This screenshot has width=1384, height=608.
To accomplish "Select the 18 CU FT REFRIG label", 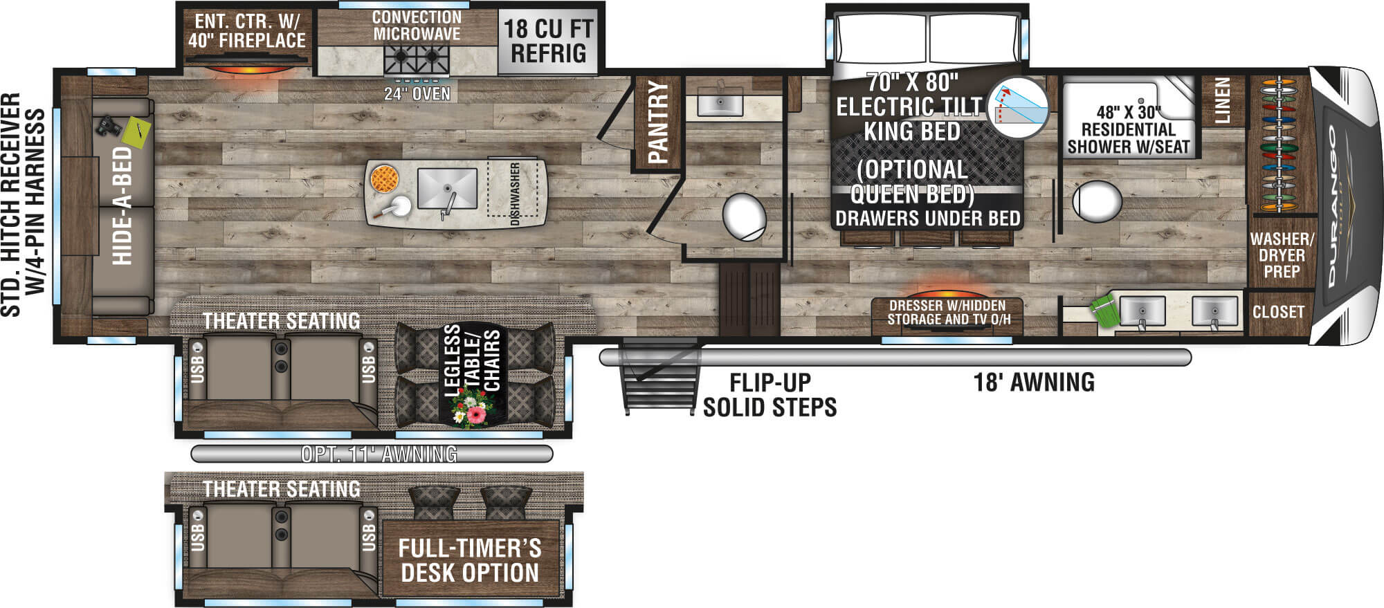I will pos(548,41).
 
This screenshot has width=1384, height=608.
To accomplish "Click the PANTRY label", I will pos(657,123).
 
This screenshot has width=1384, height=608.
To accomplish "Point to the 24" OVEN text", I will pos(417,93).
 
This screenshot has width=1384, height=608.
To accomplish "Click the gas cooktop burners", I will pos(417,59).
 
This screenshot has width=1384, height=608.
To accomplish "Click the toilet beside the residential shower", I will pos(1097,201).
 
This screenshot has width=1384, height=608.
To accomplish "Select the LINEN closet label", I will pos(1223,101).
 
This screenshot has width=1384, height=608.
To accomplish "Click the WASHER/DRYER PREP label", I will pos(1282,255).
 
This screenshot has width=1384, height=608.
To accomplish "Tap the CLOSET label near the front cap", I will pos(1278,312).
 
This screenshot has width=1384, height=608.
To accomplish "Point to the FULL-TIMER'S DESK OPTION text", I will pos(470,560).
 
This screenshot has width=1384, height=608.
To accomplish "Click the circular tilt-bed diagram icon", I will pos(1017,107).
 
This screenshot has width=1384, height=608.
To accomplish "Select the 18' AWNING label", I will pos(1034,382).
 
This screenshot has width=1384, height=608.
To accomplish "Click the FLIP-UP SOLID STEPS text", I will pos(770,394).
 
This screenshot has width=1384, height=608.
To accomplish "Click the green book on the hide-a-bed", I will pos(136,132).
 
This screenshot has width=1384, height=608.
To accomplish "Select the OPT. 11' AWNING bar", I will pos(372,454).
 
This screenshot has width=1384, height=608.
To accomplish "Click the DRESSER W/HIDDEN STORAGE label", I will pos(947,313).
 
